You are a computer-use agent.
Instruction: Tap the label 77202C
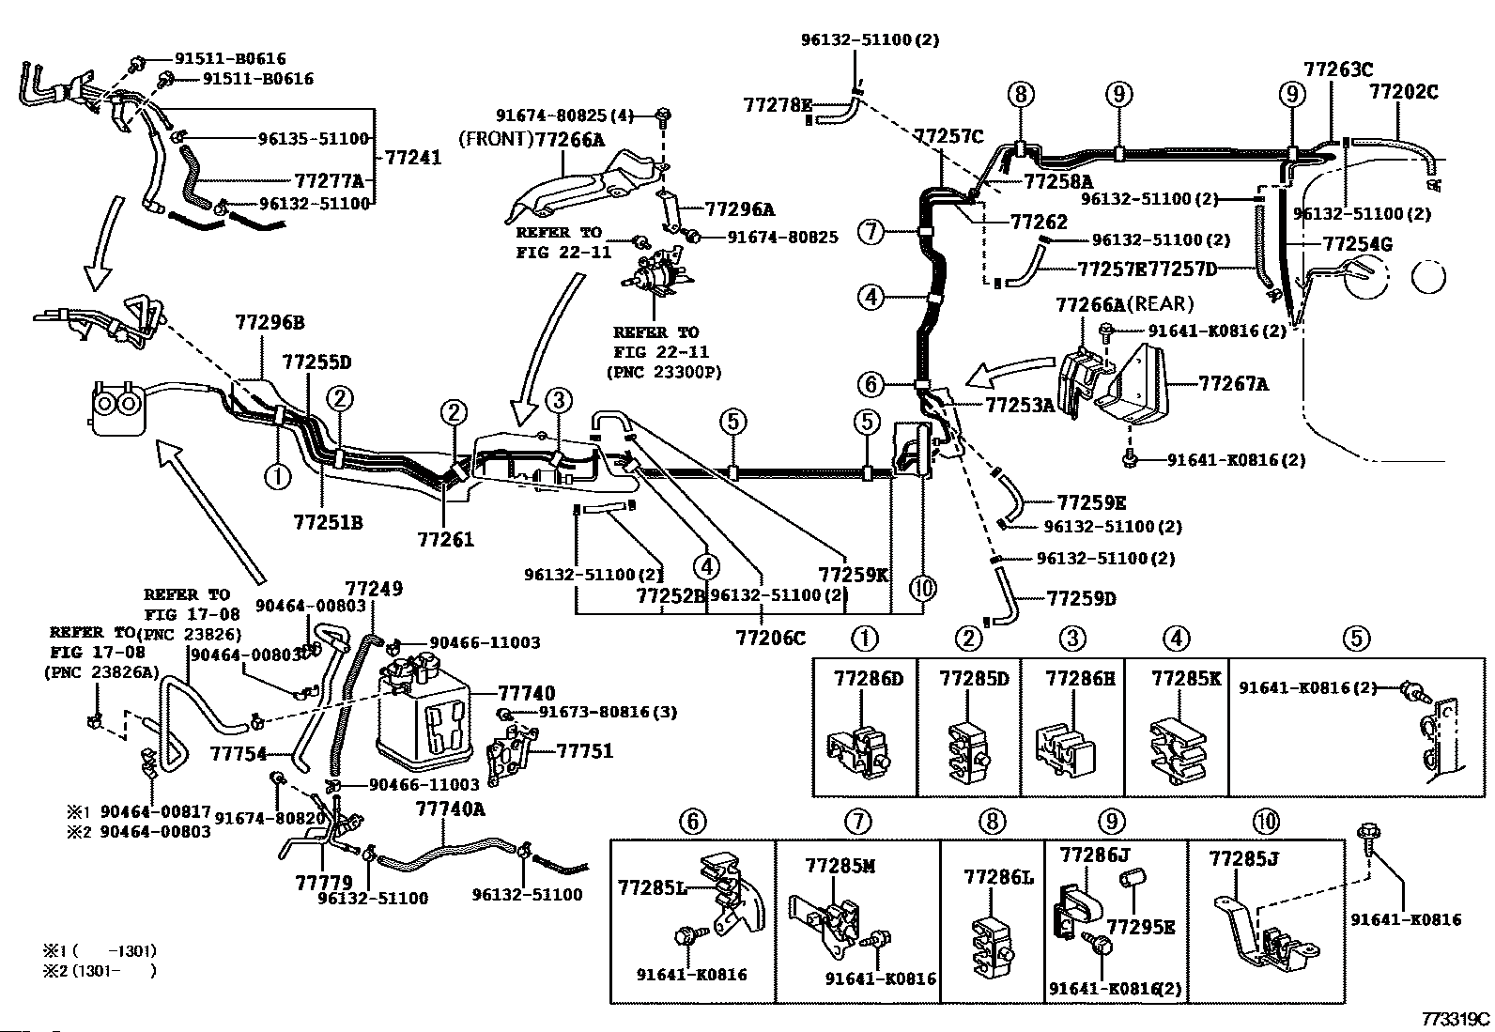coord(1403,92)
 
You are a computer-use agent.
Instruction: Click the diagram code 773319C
coord(1455,1019)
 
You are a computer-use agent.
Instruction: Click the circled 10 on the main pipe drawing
coord(923,589)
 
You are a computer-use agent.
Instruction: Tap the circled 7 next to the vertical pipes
coord(872,230)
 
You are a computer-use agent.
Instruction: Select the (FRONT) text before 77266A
coord(495,140)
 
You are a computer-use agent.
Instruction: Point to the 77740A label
coord(451,809)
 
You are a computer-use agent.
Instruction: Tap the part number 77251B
coord(327,521)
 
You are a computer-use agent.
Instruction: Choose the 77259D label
coord(1081,598)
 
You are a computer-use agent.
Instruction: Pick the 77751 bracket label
coord(584,750)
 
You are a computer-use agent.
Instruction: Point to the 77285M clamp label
coord(840,865)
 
